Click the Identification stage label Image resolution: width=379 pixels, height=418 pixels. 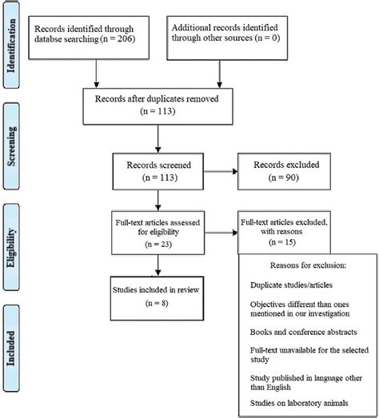12,48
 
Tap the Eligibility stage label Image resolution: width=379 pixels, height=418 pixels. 12,240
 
